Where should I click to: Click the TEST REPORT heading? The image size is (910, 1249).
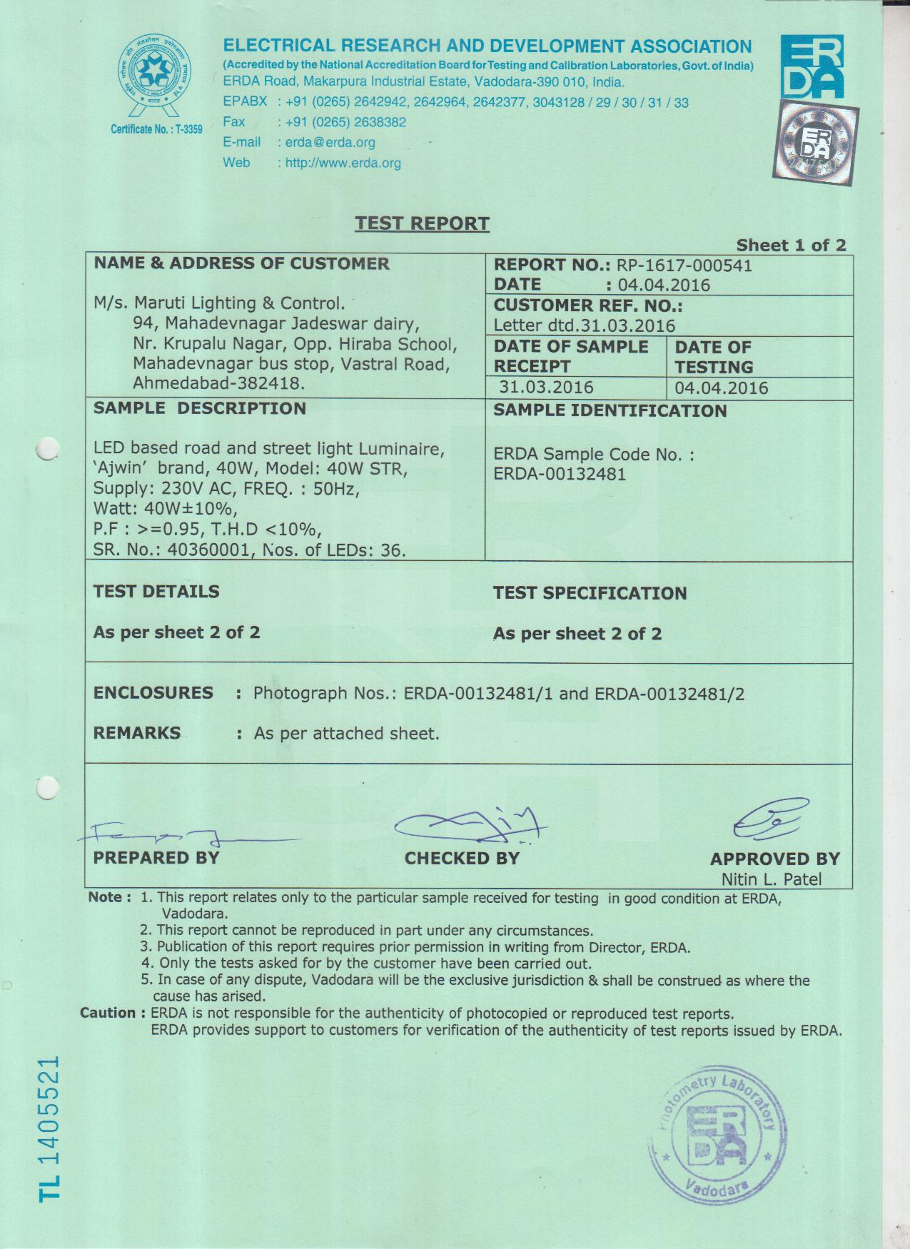click(422, 223)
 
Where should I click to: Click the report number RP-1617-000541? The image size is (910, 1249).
click(684, 266)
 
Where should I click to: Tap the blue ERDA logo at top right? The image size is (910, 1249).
click(812, 66)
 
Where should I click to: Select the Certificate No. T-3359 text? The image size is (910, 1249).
click(156, 129)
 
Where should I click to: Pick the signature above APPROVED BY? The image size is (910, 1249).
click(769, 820)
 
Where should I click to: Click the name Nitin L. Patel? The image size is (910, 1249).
click(771, 879)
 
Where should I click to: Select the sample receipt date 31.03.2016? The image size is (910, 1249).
click(546, 387)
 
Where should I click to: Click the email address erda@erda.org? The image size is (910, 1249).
click(330, 143)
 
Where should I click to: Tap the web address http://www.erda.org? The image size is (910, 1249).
click(343, 163)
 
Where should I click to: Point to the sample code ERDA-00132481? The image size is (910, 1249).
click(560, 474)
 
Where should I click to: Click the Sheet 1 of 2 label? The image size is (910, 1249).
click(791, 246)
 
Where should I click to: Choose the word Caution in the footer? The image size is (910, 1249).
click(108, 1013)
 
